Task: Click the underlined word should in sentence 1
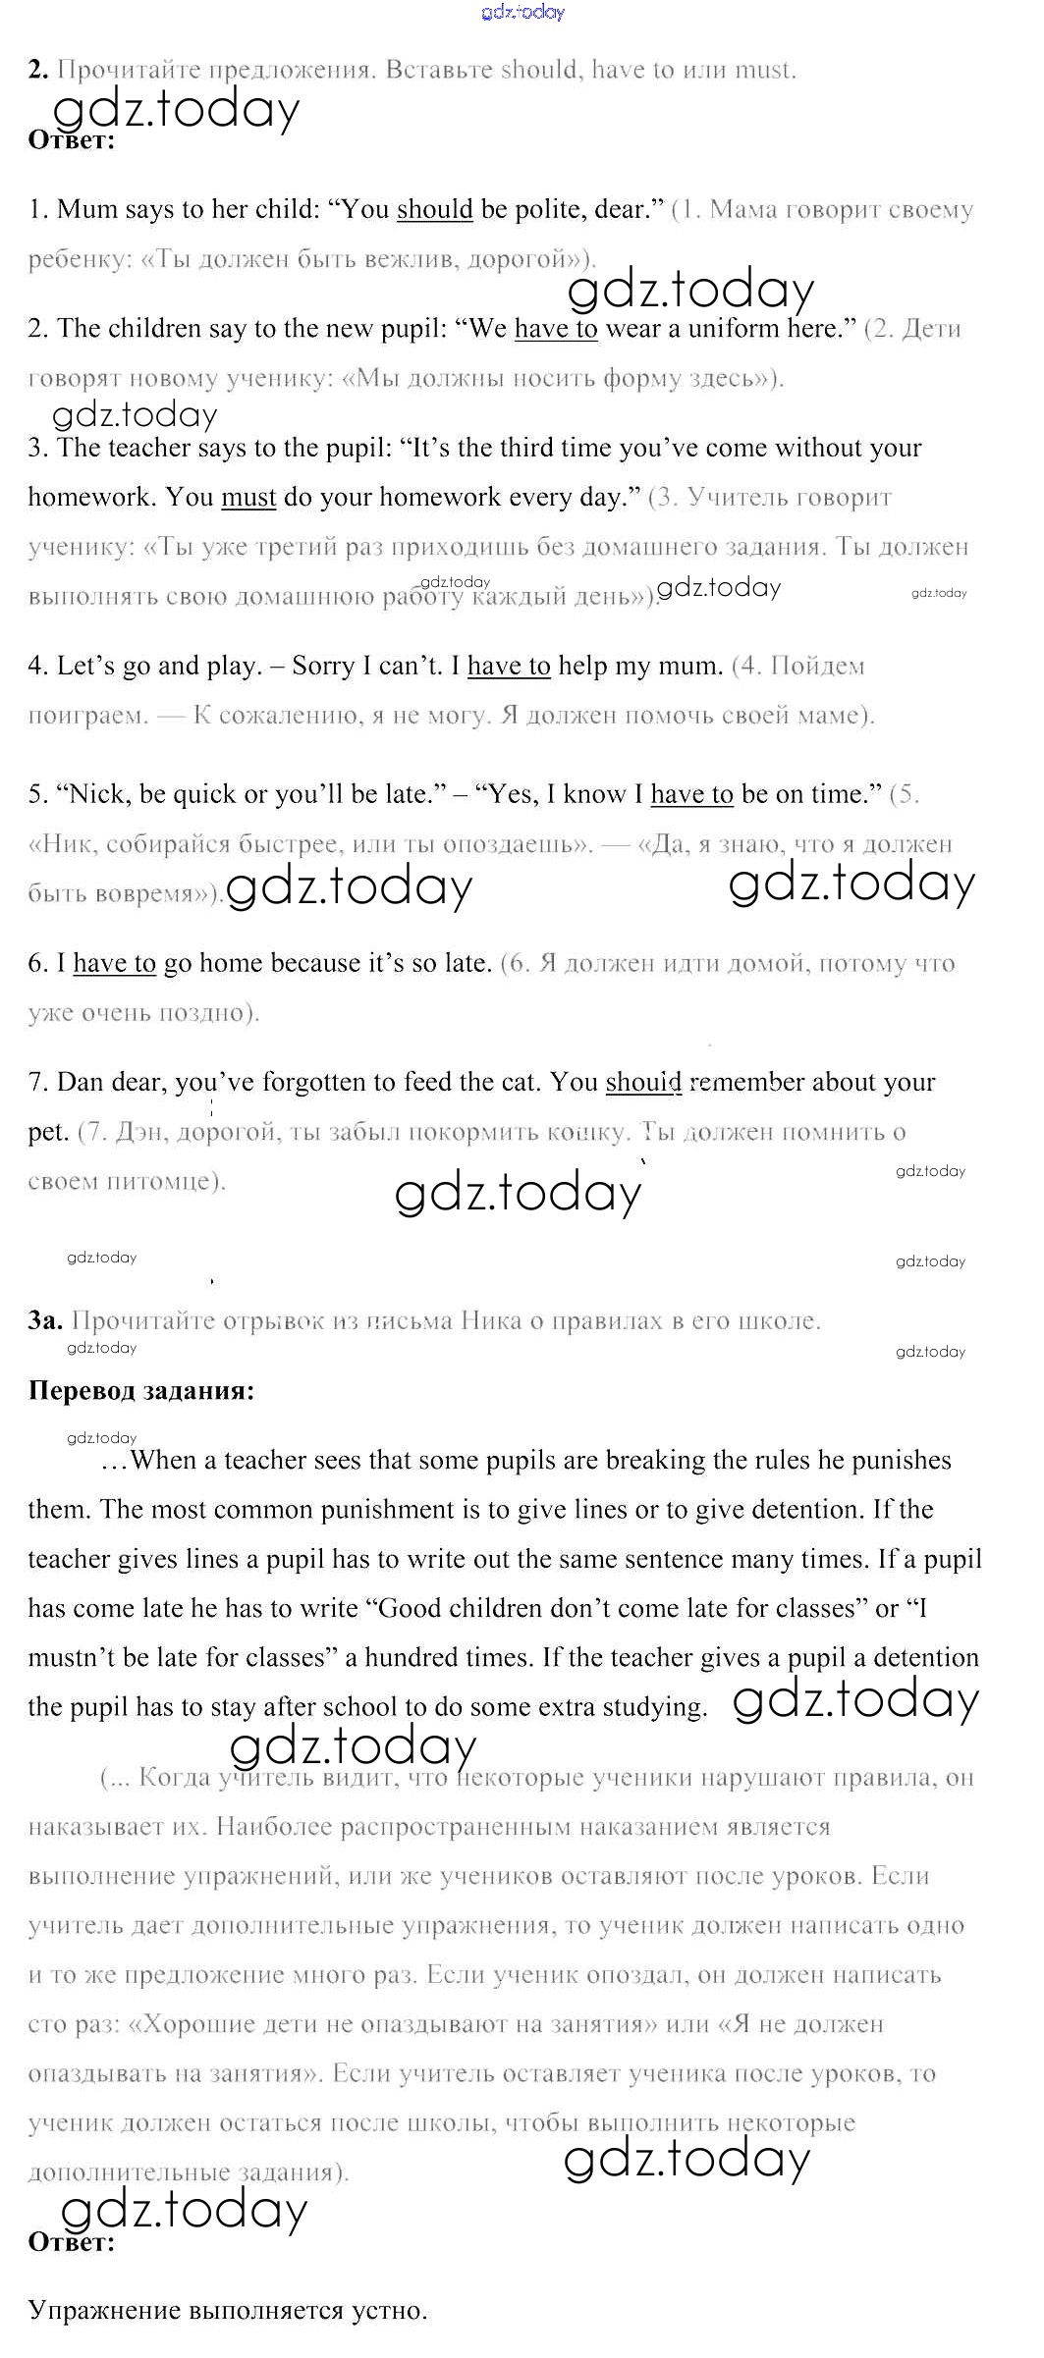click(434, 210)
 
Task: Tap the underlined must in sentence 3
click(248, 498)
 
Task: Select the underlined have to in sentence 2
click(556, 329)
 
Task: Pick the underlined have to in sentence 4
click(509, 667)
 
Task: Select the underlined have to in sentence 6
click(114, 964)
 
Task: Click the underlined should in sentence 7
click(643, 1083)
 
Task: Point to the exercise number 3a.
click(45, 1321)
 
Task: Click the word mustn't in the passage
click(71, 1658)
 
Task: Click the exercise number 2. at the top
click(38, 71)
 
